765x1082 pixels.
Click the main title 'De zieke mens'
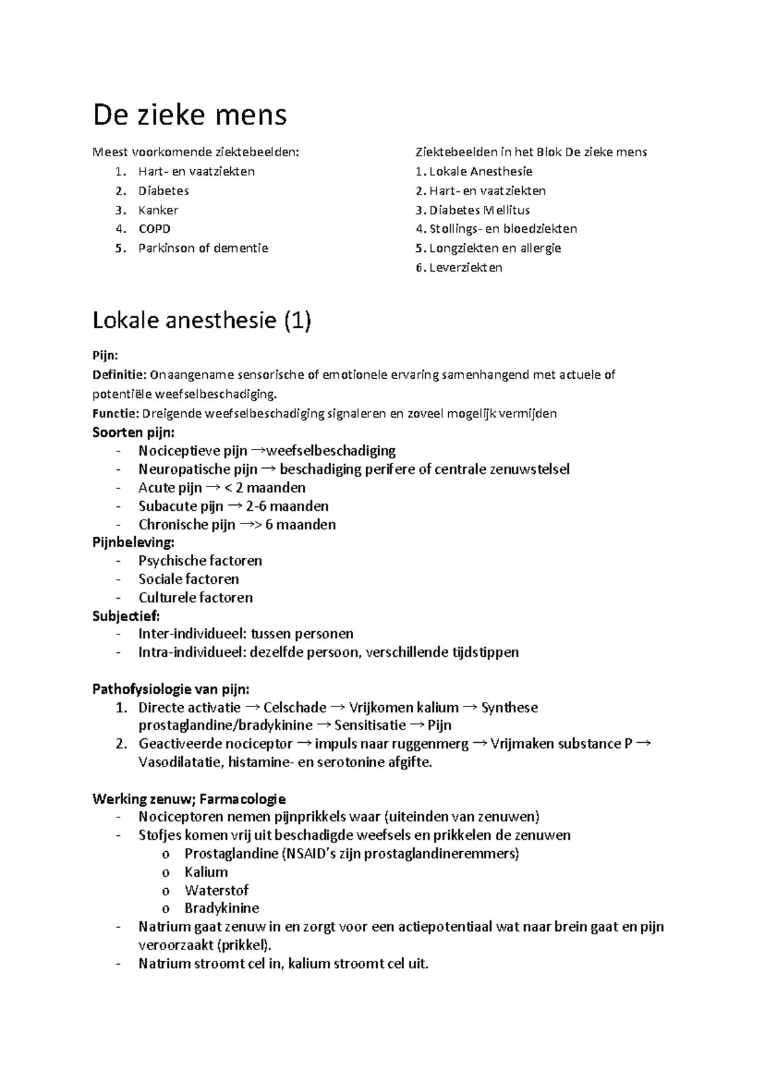pyautogui.click(x=189, y=115)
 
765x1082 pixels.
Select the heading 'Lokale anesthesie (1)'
pyautogui.click(x=201, y=321)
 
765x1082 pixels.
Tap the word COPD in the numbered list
pyautogui.click(x=154, y=229)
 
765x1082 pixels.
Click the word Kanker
pyautogui.click(x=158, y=210)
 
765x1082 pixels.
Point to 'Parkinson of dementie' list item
pyautogui.click(x=203, y=248)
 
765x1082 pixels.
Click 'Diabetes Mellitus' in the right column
pyautogui.click(x=479, y=210)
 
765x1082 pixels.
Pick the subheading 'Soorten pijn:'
pyautogui.click(x=133, y=432)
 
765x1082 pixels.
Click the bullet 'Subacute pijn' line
pyautogui.click(x=233, y=506)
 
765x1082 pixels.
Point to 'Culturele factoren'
pyautogui.click(x=196, y=597)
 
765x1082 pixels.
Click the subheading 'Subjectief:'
pyautogui.click(x=126, y=616)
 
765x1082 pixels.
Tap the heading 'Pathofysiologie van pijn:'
pyautogui.click(x=171, y=689)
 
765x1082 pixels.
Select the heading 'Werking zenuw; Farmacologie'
pyautogui.click(x=189, y=799)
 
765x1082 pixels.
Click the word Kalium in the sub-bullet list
pyautogui.click(x=206, y=872)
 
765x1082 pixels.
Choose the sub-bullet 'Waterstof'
pyautogui.click(x=216, y=890)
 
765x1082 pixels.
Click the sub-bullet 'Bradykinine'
pyautogui.click(x=221, y=908)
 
